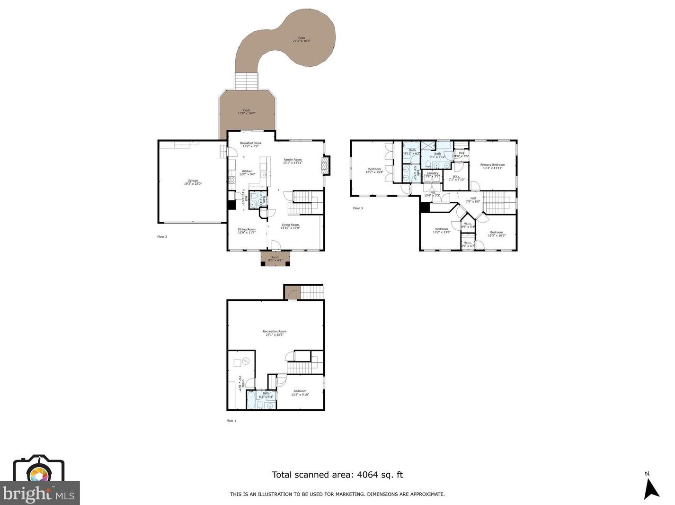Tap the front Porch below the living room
(x=275, y=259)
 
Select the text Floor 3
(x=358, y=208)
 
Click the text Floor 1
(x=231, y=421)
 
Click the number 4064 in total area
(x=366, y=475)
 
